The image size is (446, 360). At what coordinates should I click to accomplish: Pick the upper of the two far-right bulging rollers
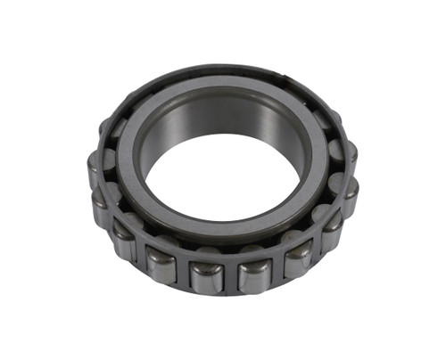(344, 153)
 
